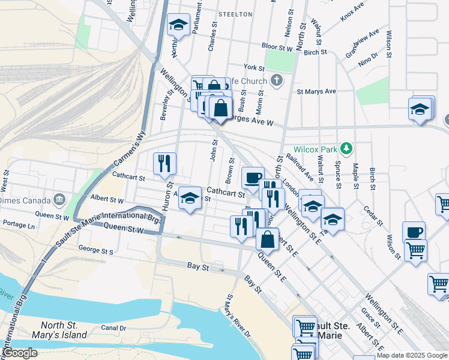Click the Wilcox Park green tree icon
[x=346, y=148]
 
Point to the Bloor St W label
[x=276, y=46]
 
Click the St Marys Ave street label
[x=316, y=92]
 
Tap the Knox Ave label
[x=352, y=13]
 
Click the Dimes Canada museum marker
[x=59, y=199]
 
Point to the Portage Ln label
[x=19, y=224]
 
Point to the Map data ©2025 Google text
[x=412, y=355]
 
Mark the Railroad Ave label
[x=300, y=166]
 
